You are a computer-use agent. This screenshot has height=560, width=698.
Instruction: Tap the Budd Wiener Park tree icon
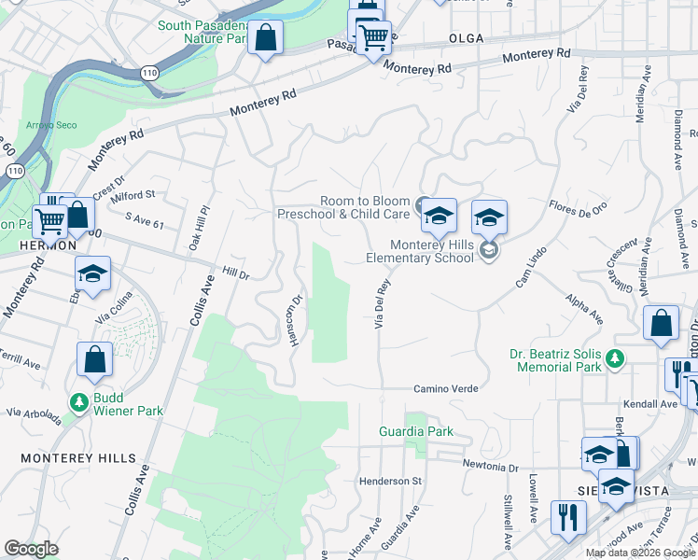pos(80,402)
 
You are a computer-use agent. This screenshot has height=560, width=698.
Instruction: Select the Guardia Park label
pos(416,431)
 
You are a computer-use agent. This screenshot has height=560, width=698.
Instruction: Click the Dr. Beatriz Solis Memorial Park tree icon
pos(614,357)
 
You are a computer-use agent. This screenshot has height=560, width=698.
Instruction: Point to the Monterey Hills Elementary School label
pos(432,251)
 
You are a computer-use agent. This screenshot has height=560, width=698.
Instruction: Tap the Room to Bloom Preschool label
pos(344,207)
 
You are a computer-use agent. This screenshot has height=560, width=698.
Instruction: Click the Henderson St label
pos(391,481)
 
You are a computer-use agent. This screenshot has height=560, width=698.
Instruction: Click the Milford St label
pos(133,195)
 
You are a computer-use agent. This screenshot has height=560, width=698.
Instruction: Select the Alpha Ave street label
pos(584,307)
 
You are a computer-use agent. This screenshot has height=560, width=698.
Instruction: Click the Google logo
pos(31,549)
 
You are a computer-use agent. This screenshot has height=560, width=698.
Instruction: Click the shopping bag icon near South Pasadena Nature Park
pos(266,39)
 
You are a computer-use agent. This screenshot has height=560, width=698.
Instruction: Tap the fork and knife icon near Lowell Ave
pos(567,516)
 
